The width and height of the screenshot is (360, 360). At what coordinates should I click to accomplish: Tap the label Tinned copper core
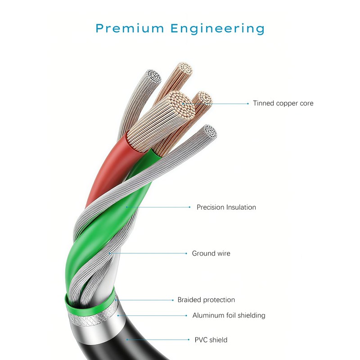(283, 103)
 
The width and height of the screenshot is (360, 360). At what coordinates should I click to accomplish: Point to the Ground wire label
(211, 253)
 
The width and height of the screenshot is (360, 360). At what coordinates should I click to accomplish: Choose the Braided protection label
(206, 300)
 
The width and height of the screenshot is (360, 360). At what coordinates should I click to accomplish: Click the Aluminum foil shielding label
(229, 315)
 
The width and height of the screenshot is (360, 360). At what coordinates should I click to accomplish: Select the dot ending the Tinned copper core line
(247, 103)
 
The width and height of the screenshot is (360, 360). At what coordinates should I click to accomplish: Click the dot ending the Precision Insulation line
(189, 207)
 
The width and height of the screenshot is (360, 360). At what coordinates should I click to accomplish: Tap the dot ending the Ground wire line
(186, 253)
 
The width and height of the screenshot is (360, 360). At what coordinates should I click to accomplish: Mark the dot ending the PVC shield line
(189, 340)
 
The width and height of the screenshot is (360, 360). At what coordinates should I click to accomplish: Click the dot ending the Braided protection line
(172, 300)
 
